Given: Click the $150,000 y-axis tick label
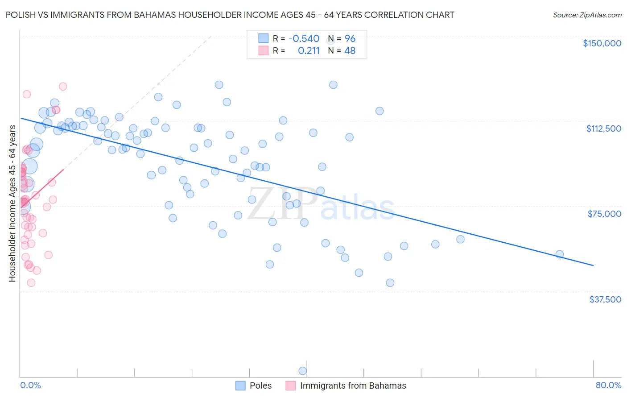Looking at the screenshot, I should (x=602, y=43).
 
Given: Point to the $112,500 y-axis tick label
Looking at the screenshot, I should (x=603, y=129).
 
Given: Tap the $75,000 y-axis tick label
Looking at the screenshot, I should (x=604, y=214).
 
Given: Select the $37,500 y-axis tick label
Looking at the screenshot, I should (x=605, y=299).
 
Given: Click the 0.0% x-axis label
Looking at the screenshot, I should (x=30, y=385).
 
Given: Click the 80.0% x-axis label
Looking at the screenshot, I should (x=608, y=385).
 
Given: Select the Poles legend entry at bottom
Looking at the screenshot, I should (x=260, y=386).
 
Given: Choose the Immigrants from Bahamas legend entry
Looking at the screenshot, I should (x=353, y=386).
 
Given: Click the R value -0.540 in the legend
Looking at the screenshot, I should (x=304, y=39).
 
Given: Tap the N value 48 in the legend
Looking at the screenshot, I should (x=350, y=51).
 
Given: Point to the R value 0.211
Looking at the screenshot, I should (x=309, y=51).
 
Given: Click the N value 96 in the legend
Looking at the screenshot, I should (x=350, y=39).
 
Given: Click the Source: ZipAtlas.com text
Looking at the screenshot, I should (x=587, y=15).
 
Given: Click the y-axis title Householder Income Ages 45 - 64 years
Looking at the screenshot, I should (x=12, y=203).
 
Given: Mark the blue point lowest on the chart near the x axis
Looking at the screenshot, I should (x=302, y=371).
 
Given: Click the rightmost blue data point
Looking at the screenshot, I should (x=559, y=254).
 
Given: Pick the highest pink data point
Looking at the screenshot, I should (x=63, y=87).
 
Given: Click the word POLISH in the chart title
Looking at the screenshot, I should (x=20, y=15).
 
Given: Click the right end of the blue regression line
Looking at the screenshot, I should (x=593, y=265).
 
